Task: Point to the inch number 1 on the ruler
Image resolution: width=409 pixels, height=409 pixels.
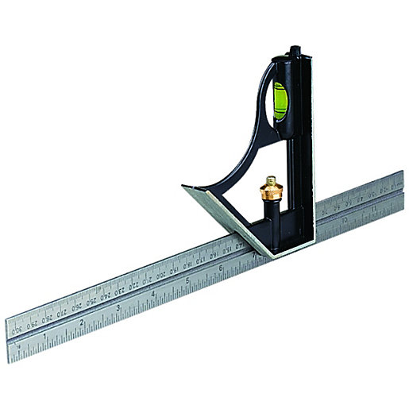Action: click(45, 336)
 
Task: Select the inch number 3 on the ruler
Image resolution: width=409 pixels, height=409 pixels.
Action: click(118, 308)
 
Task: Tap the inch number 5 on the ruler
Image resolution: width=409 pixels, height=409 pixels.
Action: click(187, 281)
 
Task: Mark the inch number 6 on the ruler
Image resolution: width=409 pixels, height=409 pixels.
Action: click(221, 268)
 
